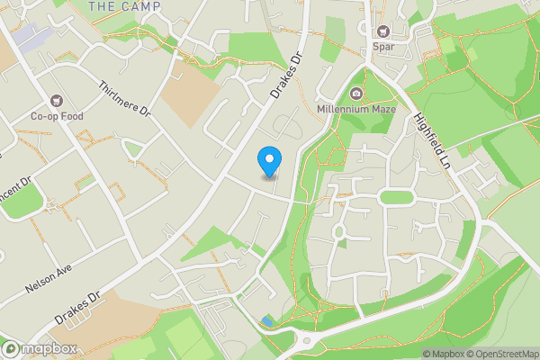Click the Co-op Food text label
click(58, 115)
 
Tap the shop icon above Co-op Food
click(58, 101)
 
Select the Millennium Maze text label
click(356, 109)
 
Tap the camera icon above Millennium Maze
click(356, 94)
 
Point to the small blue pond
click(266, 320)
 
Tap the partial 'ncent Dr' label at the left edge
click(15, 191)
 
